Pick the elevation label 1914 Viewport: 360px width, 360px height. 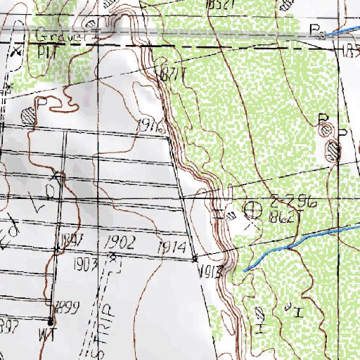172,247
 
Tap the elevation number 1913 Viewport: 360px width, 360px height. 211,271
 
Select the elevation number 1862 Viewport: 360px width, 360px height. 281,219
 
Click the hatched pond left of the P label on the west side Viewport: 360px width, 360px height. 28,114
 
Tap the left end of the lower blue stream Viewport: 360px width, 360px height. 244,269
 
